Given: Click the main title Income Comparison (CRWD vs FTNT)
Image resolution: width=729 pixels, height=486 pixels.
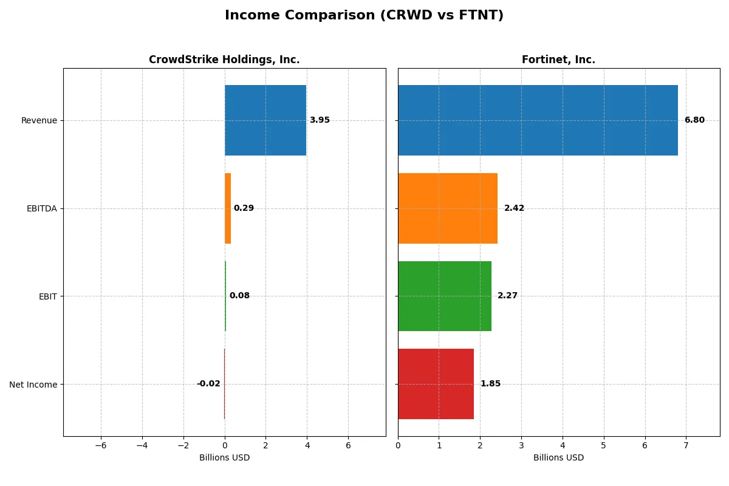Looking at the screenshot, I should pyautogui.click(x=364, y=15).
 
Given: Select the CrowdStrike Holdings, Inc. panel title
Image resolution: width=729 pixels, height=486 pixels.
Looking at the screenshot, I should pyautogui.click(x=224, y=60).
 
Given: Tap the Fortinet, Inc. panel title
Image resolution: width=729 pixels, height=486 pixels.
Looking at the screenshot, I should pyautogui.click(x=558, y=60).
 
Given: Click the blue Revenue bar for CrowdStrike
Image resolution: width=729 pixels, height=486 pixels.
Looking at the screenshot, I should pyautogui.click(x=265, y=120).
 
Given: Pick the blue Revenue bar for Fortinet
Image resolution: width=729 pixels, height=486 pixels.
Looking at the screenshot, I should pyautogui.click(x=538, y=120).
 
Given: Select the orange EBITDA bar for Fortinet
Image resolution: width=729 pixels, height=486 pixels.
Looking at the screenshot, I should pyautogui.click(x=448, y=208).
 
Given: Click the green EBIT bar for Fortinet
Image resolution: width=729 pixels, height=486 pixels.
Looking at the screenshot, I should pyautogui.click(x=445, y=296).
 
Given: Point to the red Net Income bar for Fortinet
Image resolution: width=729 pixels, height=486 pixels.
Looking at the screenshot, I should pyautogui.click(x=436, y=384).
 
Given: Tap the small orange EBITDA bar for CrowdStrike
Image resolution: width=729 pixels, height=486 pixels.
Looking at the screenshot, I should pyautogui.click(x=228, y=208).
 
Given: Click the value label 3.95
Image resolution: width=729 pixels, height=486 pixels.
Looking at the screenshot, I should pyautogui.click(x=320, y=120).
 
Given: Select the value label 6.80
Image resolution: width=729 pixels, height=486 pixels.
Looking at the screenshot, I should pyautogui.click(x=694, y=120).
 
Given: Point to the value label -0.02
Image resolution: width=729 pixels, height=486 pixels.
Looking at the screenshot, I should pyautogui.click(x=208, y=384).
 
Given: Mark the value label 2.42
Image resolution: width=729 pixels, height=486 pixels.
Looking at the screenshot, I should pyautogui.click(x=514, y=208).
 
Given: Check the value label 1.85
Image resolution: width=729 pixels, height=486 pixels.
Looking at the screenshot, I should pyautogui.click(x=490, y=384).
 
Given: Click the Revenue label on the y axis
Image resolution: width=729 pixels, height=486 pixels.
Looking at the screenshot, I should pyautogui.click(x=39, y=120).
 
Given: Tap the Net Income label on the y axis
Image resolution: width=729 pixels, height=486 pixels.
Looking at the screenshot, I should pyautogui.click(x=33, y=385).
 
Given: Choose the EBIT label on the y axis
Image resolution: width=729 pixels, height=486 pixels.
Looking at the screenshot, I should pyautogui.click(x=47, y=296).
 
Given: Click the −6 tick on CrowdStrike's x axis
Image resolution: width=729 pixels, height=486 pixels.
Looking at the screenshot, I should pyautogui.click(x=101, y=445).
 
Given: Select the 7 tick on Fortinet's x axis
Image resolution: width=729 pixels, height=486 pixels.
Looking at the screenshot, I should pyautogui.click(x=686, y=445).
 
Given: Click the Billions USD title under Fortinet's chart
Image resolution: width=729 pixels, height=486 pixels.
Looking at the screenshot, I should pyautogui.click(x=558, y=458).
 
